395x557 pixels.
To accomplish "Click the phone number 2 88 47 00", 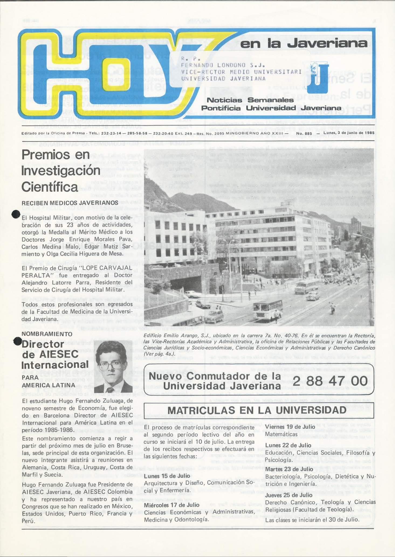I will [x=329, y=382].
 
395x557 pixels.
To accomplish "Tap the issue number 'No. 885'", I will [x=304, y=133].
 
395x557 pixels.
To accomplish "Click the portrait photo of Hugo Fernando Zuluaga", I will [x=113, y=367].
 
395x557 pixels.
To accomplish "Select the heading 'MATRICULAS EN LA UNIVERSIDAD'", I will [x=257, y=410].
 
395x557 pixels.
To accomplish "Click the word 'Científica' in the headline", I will [x=50, y=187].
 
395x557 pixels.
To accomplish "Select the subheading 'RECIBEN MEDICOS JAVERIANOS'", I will [x=70, y=203].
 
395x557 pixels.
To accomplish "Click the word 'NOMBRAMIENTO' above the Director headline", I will [x=47, y=334].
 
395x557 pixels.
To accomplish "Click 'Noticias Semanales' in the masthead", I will [x=250, y=100].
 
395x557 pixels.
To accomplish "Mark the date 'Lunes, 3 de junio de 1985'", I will [x=349, y=133].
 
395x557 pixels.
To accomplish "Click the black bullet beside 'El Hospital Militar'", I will [x=16, y=214].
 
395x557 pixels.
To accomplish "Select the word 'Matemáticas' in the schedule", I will [x=281, y=434].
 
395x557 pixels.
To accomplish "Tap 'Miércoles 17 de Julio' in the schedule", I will [x=171, y=505].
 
